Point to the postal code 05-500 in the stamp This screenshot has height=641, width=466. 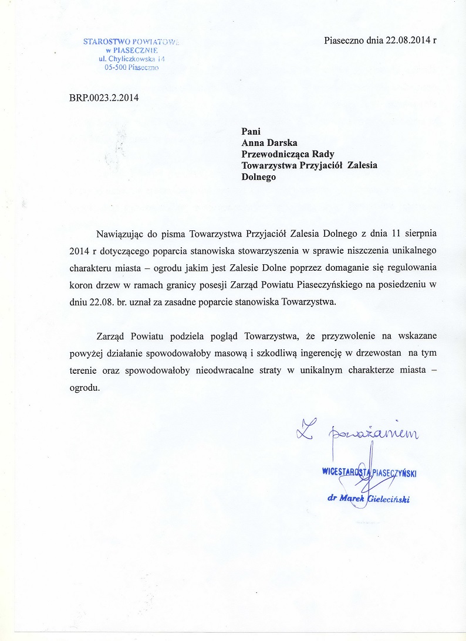pos(115,67)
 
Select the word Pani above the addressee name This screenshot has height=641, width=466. pos(251,132)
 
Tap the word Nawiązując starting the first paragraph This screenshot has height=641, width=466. pos(126,233)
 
